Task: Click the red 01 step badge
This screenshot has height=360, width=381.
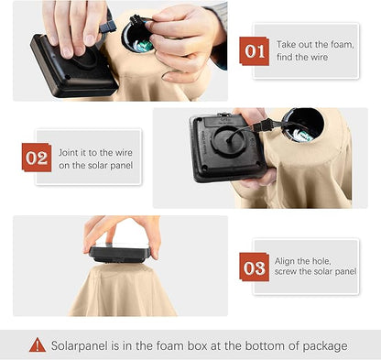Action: pos(254,51)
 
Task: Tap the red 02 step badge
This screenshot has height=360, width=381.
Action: pos(37,158)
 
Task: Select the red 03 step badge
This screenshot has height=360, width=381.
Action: pos(254,267)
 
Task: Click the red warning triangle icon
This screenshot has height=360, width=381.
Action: pos(38,345)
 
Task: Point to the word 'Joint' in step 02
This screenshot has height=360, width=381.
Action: pos(70,152)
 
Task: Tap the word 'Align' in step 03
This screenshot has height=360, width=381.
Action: pos(285,261)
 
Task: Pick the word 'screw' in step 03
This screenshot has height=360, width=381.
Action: pos(286,271)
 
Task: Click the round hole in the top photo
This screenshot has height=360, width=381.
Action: pos(137,38)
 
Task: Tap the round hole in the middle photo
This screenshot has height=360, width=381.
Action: pos(303,125)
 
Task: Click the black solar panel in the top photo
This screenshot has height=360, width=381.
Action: pos(73,66)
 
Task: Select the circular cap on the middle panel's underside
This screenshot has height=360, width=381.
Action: pos(228,140)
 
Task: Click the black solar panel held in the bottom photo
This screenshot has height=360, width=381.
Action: pos(120,253)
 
